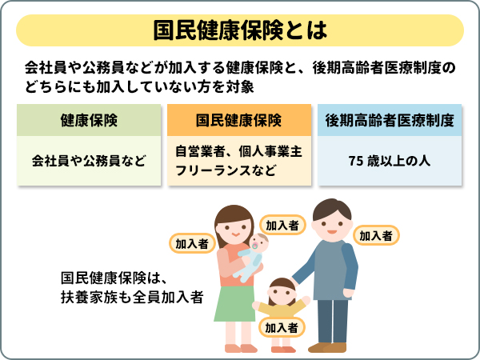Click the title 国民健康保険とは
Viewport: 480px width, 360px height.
click(x=240, y=30)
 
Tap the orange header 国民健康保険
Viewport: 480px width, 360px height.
click(x=239, y=121)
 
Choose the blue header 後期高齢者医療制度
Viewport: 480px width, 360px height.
click(x=390, y=121)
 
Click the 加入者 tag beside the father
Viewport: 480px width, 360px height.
click(x=375, y=235)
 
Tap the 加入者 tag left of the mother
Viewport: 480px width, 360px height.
click(x=190, y=242)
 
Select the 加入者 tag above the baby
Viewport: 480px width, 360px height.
click(x=281, y=225)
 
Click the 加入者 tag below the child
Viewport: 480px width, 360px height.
click(x=282, y=327)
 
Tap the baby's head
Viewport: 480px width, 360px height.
click(x=258, y=243)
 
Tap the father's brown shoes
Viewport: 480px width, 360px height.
click(x=328, y=346)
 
